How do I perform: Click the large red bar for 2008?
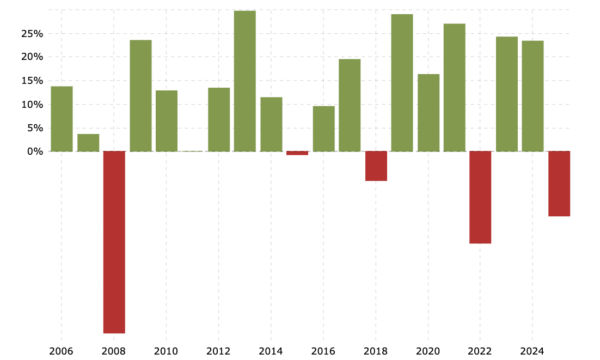coord(114,242)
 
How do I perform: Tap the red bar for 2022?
coord(480,197)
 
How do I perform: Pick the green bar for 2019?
coord(402,83)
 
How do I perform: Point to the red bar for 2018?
coord(376,166)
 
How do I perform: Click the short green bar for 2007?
coord(88,143)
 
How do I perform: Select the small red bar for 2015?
coord(297,153)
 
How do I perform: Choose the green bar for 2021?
coord(455,87)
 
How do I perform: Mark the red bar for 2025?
coord(559,184)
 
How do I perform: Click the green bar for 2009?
coord(140,95)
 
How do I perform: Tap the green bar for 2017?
coord(350,105)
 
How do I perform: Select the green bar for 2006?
coord(62,119)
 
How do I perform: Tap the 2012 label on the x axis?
coord(218,351)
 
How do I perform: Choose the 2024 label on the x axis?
coord(532,351)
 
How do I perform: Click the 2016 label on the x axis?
coord(323,351)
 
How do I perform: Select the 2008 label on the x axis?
coord(114,351)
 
